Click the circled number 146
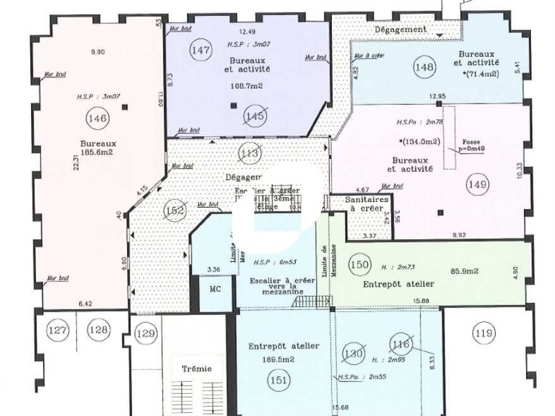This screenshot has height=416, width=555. pos(98,117)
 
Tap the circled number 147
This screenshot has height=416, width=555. pos(200,51)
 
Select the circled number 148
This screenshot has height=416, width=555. pos(424,67)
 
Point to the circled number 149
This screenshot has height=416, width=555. pos(477,184)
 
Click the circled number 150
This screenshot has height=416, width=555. pos(360,264)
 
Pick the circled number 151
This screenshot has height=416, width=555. pos(279,380)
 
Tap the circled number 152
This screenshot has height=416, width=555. pos(174,211)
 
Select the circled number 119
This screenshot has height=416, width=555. pos(484,333)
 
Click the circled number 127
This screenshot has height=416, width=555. pos(58,330)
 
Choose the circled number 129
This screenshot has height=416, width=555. pos(146,333)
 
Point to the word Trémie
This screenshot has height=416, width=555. pos(197,368)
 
